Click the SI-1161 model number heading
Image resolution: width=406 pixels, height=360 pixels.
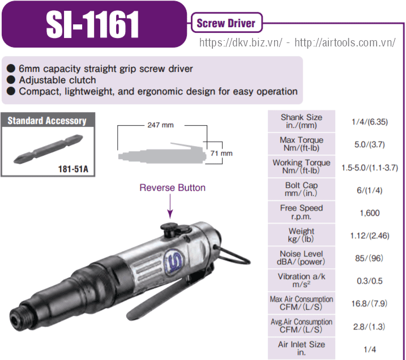tap(92, 25)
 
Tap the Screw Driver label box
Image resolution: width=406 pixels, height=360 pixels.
tap(226, 23)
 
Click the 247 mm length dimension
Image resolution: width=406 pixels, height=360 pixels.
tap(161, 125)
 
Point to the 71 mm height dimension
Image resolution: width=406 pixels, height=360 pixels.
tap(221, 153)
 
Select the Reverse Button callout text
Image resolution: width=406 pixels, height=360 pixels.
tap(173, 187)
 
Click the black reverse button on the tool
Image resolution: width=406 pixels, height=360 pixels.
tap(170, 230)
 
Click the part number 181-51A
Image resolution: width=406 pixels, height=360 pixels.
tap(73, 169)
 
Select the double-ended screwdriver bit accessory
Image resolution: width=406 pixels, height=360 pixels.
tap(48, 149)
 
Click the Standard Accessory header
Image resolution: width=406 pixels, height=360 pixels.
tap(47, 121)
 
